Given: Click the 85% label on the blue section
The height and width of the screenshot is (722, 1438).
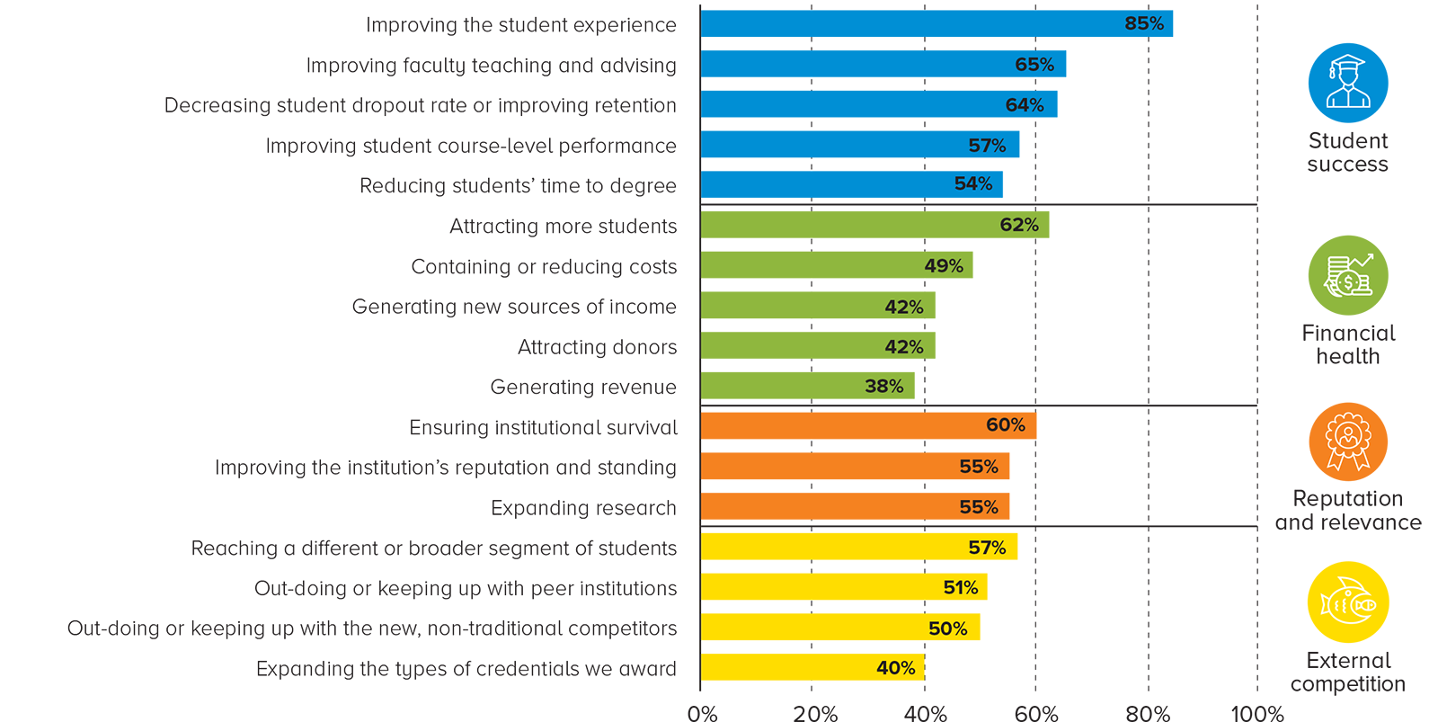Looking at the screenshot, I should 1144,23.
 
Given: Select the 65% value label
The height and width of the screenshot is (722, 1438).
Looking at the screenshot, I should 1034,65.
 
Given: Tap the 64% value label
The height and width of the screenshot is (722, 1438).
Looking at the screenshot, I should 1025,105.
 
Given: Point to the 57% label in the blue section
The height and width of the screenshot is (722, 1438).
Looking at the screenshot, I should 987,146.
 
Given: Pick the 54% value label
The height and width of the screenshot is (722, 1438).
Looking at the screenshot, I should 973,183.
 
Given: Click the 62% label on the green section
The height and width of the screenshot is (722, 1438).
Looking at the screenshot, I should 1019,225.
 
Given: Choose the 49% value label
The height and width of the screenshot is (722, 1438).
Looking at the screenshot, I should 944,266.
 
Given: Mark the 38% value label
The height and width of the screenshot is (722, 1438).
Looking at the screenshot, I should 884,387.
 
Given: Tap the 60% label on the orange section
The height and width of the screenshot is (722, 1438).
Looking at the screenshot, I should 1006,425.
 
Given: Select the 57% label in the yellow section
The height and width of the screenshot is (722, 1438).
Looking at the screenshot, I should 987,548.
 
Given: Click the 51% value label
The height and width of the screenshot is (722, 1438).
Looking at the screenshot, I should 961,588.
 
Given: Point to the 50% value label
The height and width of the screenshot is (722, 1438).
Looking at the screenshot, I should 948,628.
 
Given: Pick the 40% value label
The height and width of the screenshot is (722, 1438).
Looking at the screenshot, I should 896,668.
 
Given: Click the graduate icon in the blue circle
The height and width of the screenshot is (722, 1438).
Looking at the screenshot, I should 1348,83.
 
